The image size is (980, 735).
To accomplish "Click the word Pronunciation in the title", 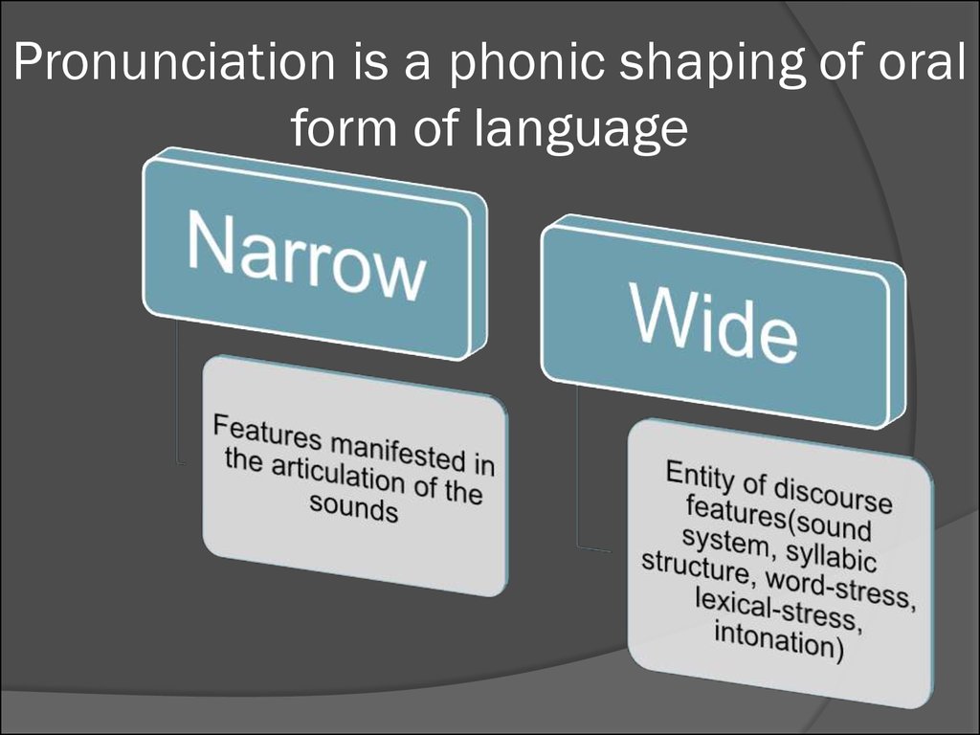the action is point(174,61).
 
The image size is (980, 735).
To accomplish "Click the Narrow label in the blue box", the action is point(306,256).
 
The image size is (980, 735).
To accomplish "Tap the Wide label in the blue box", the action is point(715,323).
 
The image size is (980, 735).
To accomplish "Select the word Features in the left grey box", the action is point(268,432).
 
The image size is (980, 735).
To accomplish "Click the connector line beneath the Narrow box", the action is point(178,393).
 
